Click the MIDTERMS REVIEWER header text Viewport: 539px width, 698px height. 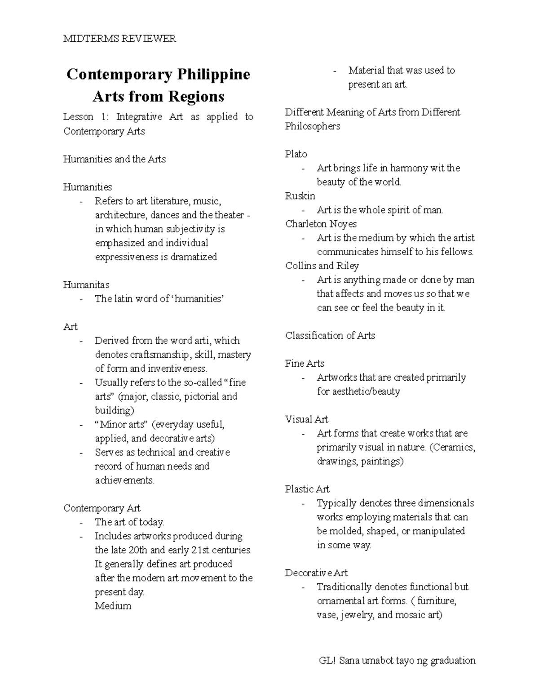(x=119, y=39)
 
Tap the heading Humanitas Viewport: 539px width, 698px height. (x=86, y=285)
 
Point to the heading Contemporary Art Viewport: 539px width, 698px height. (x=102, y=508)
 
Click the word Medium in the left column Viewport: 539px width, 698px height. (x=113, y=606)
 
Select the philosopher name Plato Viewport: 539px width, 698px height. (x=296, y=154)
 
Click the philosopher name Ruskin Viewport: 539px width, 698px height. (x=300, y=196)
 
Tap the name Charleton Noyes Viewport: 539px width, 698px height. (x=321, y=224)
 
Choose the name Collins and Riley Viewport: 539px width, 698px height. (x=322, y=266)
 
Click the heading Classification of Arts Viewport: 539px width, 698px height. (x=330, y=335)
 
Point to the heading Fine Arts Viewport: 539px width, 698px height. (x=305, y=363)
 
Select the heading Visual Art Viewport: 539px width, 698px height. (x=306, y=419)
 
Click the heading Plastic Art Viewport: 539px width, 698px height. (x=307, y=489)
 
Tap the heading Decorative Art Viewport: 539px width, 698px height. (x=316, y=573)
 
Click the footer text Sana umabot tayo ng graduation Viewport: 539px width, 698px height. (x=407, y=660)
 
